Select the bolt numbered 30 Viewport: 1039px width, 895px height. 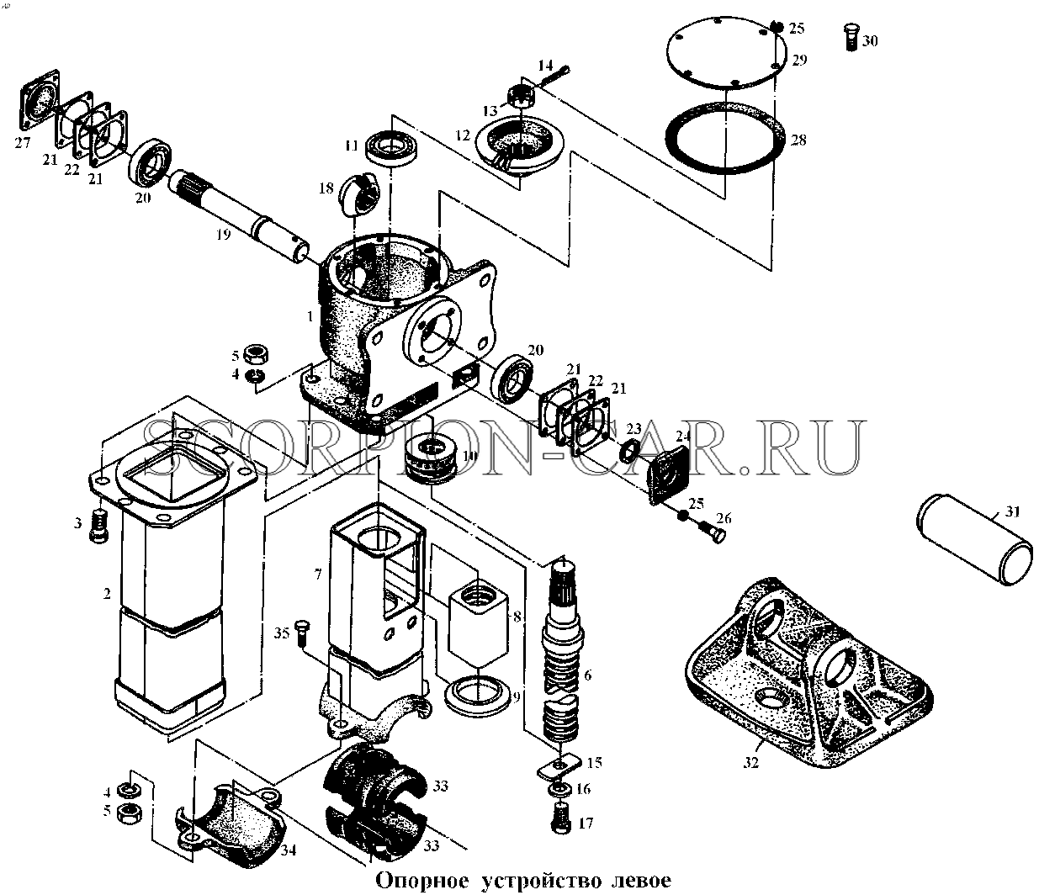pyautogui.click(x=851, y=37)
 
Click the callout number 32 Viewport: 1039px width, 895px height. pyautogui.click(x=750, y=762)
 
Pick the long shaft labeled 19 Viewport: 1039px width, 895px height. pyautogui.click(x=241, y=215)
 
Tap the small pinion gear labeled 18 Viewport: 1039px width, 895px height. pyautogui.click(x=360, y=193)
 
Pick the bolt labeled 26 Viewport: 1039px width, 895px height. pyautogui.click(x=713, y=532)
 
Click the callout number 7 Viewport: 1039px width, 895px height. pyautogui.click(x=318, y=575)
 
